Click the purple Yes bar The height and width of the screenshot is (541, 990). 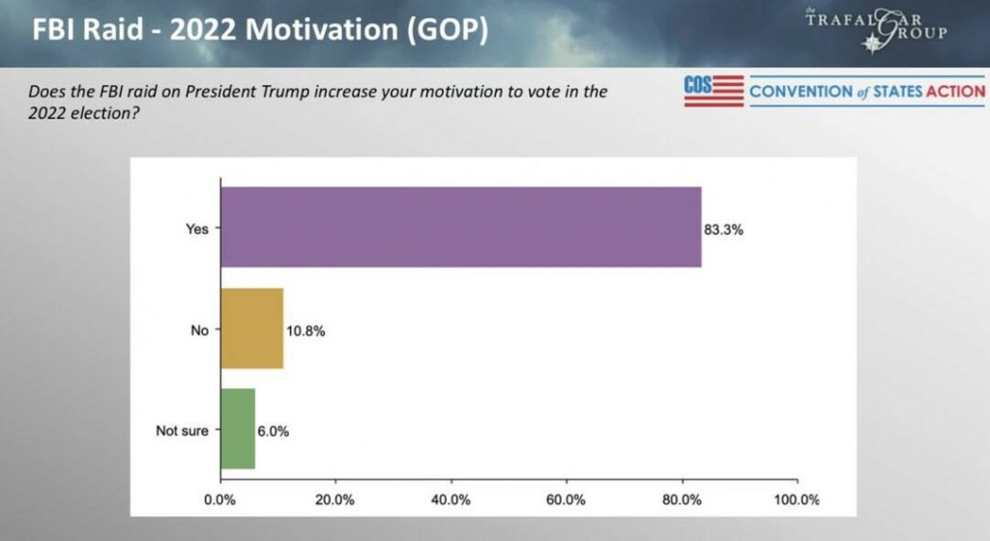(x=460, y=227)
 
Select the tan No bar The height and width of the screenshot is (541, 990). (x=251, y=328)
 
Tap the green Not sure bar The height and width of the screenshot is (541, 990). (x=238, y=429)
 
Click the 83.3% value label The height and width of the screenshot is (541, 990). (x=724, y=231)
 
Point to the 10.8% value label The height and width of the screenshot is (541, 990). (x=306, y=331)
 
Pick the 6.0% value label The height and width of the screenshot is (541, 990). (x=274, y=431)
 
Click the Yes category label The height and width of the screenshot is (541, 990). (x=196, y=229)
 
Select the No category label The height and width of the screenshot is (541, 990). (x=199, y=330)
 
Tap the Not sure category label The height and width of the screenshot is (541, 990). (x=182, y=431)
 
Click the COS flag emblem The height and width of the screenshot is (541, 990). (x=713, y=91)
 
